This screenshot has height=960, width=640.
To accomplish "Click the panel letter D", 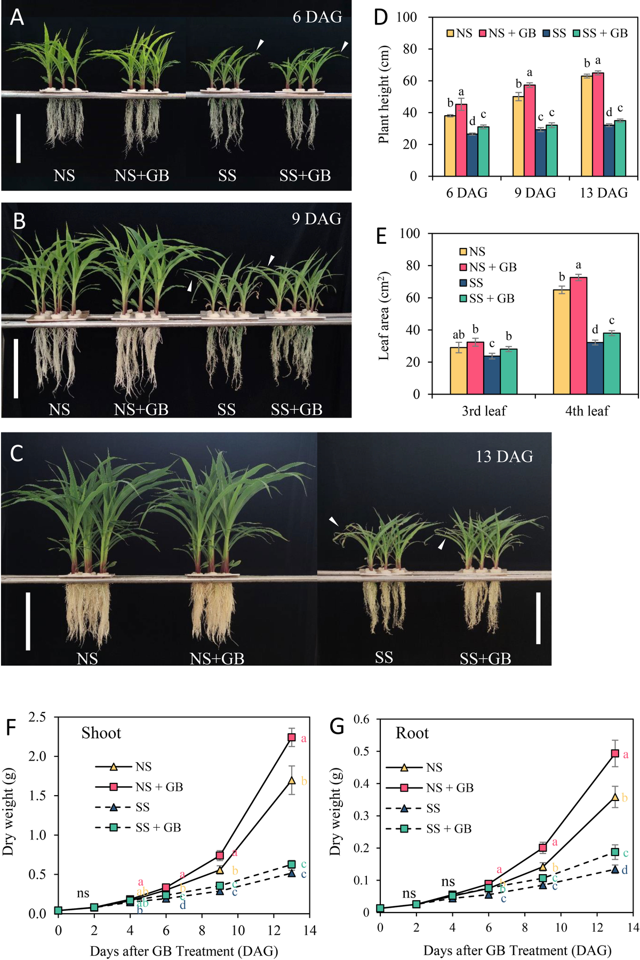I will pos(381,17).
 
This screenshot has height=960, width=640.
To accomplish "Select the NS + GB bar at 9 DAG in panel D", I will pos(530,130).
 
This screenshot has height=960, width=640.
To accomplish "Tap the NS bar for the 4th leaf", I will pos(561,342).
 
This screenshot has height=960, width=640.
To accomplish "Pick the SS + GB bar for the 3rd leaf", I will pos(509,371).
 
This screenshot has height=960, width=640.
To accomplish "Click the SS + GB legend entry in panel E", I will pos(486,299).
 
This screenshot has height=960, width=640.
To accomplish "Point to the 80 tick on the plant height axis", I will pos(407,49).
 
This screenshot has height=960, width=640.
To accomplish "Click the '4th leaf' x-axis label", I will pos(587,411).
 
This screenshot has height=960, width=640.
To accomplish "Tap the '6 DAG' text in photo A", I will pos(317,17).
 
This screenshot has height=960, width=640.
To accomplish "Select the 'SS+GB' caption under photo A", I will pos(305,175).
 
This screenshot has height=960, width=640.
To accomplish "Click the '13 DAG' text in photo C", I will pos(504,457).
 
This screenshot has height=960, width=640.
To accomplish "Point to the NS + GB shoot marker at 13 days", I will pos(292,737).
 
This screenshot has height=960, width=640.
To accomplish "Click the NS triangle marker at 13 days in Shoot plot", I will pos(292,780).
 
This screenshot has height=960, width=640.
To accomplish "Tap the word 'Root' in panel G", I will pos(412,733).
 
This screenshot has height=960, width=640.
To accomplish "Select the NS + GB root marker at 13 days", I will pos(615,754).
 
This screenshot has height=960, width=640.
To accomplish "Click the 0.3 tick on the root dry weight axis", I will pos(362,816).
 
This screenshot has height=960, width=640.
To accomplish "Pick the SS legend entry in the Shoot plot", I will pos(123,807).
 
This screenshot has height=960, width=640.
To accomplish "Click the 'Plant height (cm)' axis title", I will pos(383,94).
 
